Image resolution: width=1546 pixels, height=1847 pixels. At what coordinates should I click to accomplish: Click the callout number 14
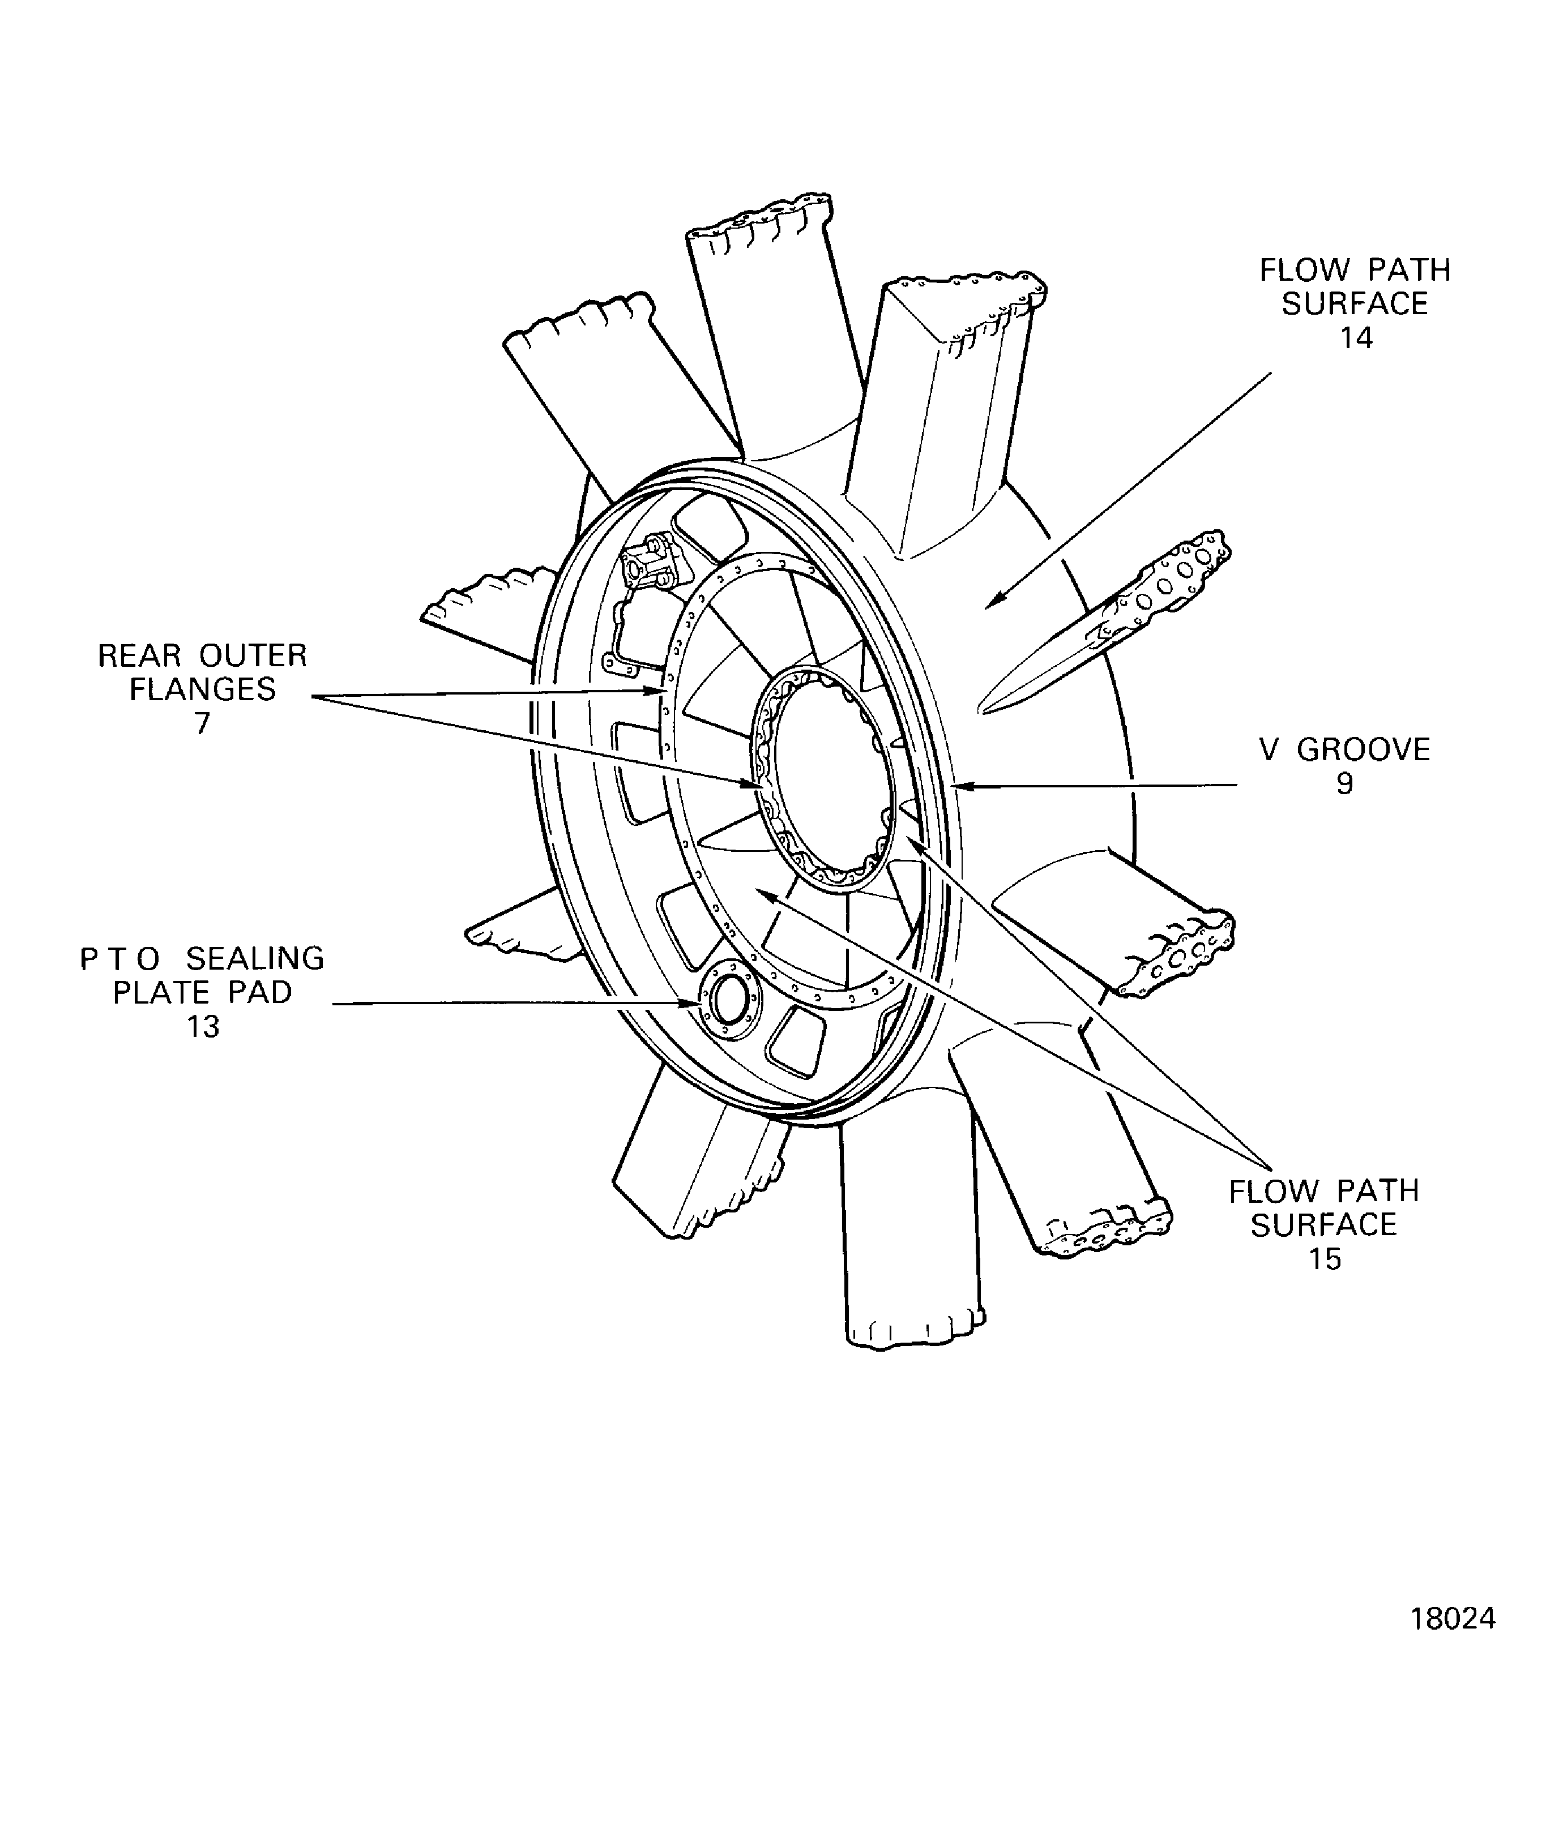coord(1356,338)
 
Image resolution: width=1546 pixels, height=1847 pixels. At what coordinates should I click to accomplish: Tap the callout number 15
coord(1324,1259)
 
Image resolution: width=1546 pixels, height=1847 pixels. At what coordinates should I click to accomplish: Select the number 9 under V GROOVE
coord(1344,783)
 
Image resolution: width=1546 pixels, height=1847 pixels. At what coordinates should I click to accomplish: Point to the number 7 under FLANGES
coord(202,723)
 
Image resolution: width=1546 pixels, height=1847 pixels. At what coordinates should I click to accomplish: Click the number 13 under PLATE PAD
coord(203,1026)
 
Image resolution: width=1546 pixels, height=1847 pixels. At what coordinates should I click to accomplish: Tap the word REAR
coord(139,656)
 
